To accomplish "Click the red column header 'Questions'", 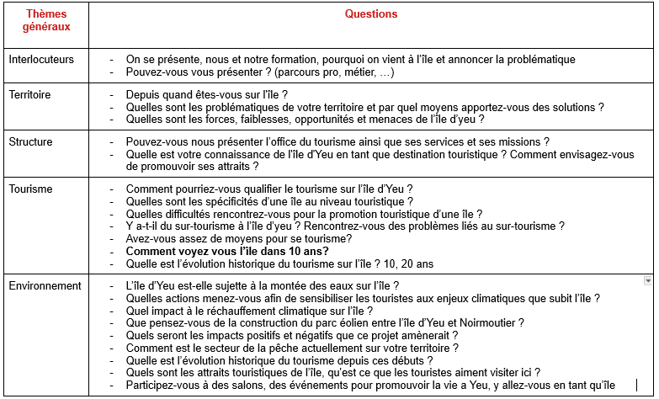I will pyautogui.click(x=371, y=14).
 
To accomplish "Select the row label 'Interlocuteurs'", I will pyautogui.click(x=41, y=60).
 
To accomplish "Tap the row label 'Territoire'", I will pyautogui.click(x=29, y=95).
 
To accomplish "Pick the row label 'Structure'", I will pyautogui.click(x=30, y=142).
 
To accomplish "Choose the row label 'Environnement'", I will pyautogui.click(x=45, y=286).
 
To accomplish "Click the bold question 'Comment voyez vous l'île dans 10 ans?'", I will pyautogui.click(x=227, y=251).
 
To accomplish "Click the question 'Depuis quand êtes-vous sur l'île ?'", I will pyautogui.click(x=207, y=95).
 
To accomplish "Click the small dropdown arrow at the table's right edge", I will pyautogui.click(x=647, y=280).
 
